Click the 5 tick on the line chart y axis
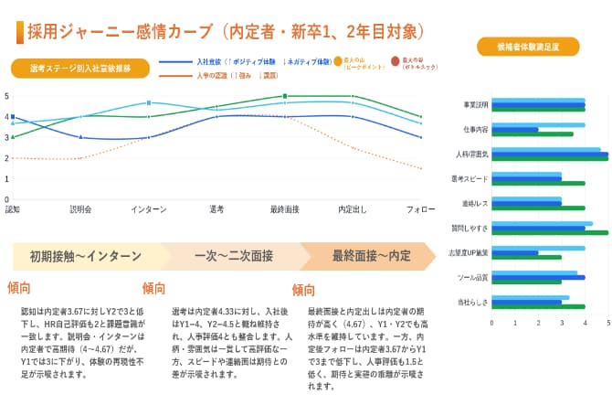[6, 95]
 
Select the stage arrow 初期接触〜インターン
[87, 256]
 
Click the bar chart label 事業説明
[475, 104]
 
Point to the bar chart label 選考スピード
[470, 178]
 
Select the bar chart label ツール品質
[473, 277]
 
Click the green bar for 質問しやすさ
[553, 233]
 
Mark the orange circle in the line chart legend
[338, 61]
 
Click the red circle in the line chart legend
[395, 61]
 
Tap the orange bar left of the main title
[19, 32]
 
